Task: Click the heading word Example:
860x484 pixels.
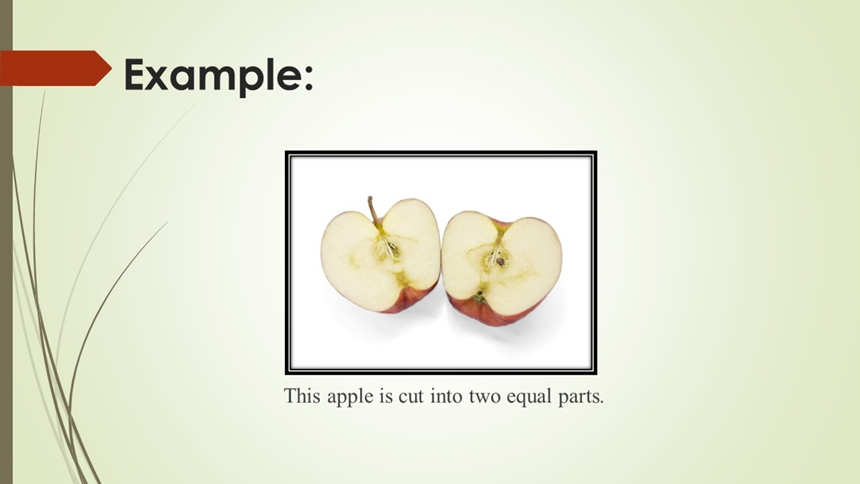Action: click(x=218, y=76)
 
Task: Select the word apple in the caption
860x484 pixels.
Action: click(x=351, y=397)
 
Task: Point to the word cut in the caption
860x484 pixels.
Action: click(x=411, y=397)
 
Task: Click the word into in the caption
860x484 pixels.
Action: click(x=446, y=396)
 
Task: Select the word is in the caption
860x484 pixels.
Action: click(x=386, y=396)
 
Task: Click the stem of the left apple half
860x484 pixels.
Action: click(x=373, y=210)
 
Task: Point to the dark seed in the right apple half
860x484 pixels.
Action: click(x=501, y=261)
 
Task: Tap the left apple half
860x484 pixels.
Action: click(x=380, y=255)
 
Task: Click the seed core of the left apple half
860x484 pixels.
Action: click(x=387, y=249)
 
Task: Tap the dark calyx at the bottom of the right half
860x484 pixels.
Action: click(x=479, y=295)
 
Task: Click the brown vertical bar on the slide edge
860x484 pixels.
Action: click(x=6, y=242)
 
